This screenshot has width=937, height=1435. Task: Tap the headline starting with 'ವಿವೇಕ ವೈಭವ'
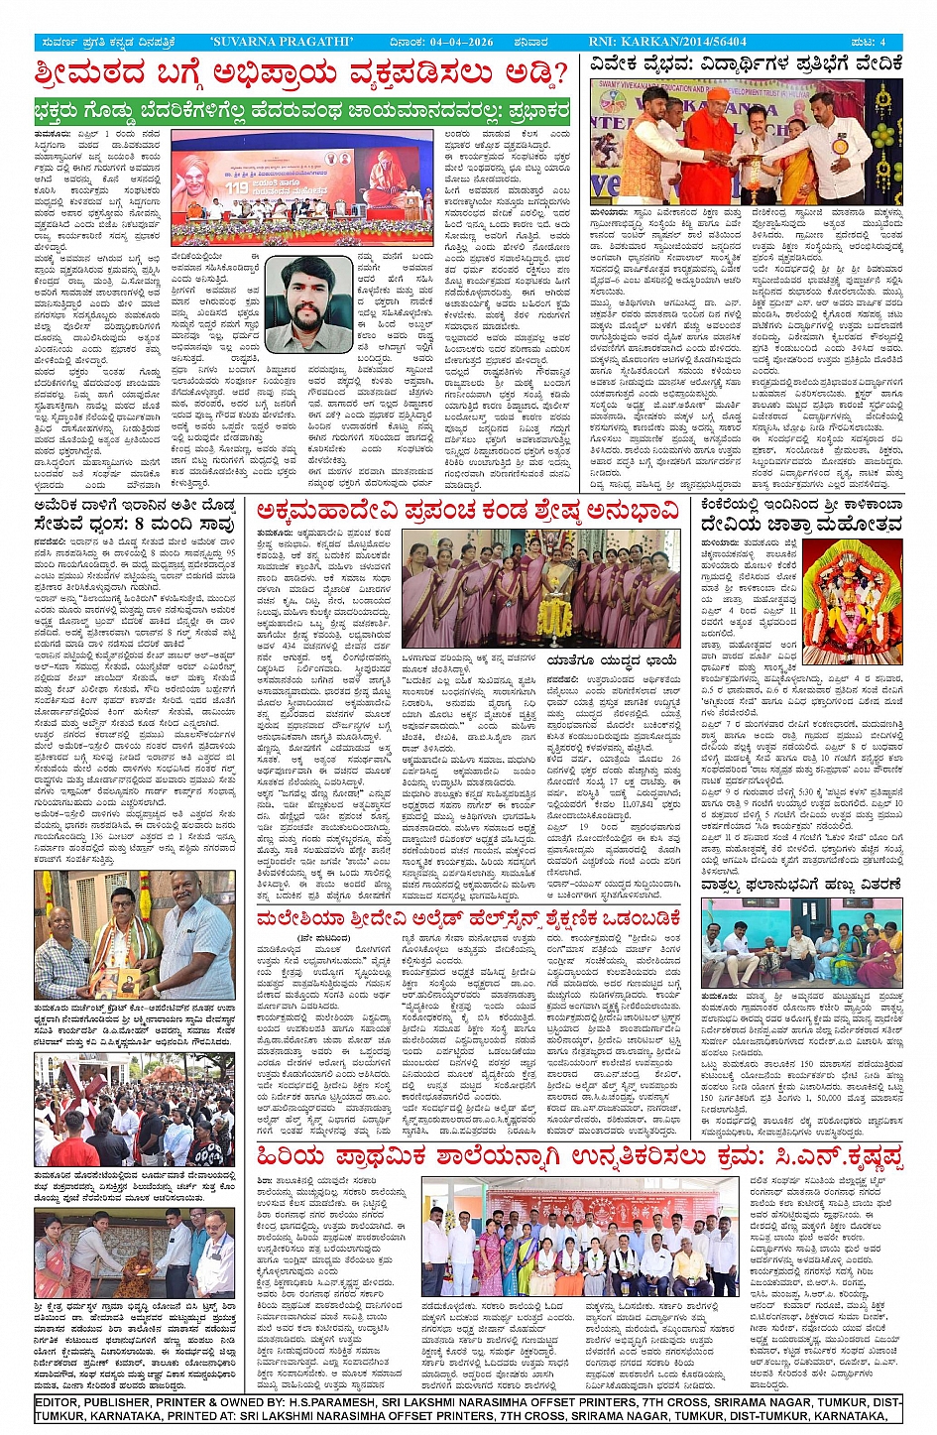(x=746, y=64)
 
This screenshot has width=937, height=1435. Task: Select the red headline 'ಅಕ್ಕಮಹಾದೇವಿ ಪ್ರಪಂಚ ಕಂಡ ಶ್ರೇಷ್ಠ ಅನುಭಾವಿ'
(x=468, y=512)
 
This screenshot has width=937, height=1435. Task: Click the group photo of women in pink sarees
(x=540, y=589)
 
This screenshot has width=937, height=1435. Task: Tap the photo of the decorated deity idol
(x=852, y=602)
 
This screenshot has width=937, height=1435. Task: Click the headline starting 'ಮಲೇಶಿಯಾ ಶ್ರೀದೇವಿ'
(x=468, y=918)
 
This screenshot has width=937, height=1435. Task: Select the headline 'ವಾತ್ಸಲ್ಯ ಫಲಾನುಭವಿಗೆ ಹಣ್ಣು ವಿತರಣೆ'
(x=800, y=884)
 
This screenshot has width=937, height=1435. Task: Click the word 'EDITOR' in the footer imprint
(x=61, y=1402)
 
